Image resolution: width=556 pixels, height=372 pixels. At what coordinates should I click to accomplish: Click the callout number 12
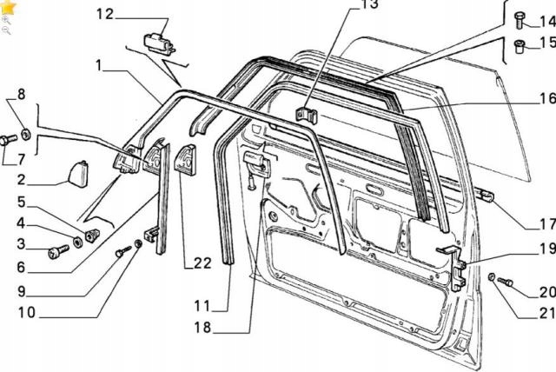pos(104,14)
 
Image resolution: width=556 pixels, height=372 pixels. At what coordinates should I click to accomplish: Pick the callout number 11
pos(202,306)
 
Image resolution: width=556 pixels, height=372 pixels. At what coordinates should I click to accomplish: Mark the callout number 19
pos(543,248)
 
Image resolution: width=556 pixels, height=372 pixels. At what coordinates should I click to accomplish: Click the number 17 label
pos(544,222)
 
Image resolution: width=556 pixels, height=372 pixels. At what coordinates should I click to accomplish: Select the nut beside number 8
pos(26,133)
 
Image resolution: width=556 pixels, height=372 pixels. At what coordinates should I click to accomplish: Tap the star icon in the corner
pos(8,7)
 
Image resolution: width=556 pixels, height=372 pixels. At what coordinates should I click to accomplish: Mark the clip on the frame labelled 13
pos(306,115)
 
